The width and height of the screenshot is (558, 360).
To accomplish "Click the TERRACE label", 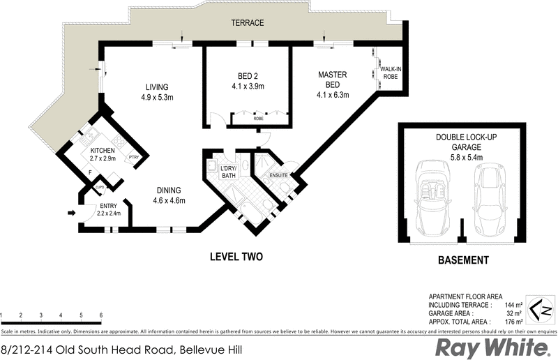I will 248,23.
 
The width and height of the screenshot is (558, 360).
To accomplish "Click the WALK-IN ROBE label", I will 390,72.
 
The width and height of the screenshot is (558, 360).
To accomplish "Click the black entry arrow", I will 70,213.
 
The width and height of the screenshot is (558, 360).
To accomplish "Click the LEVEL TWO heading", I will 236,257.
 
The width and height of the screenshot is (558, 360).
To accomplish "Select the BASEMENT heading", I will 462,260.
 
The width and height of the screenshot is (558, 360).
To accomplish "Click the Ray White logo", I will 492,347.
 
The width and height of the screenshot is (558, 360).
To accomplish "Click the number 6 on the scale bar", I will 102,315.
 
